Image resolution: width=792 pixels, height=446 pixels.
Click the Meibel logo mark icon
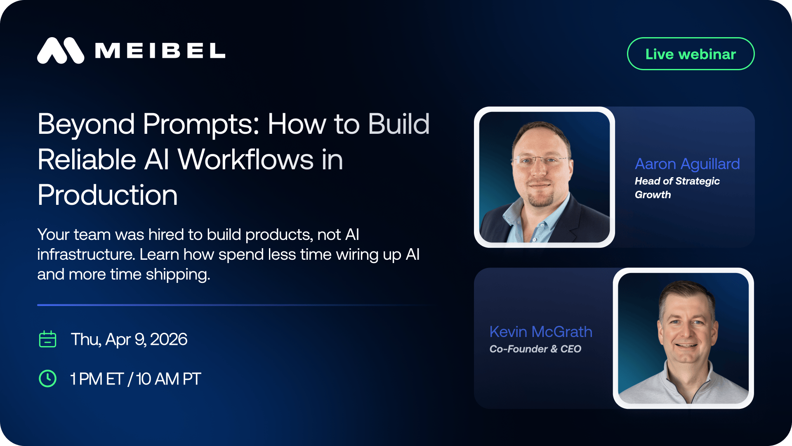pyautogui.click(x=61, y=51)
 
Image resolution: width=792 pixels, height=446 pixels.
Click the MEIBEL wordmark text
pyautogui.click(x=160, y=51)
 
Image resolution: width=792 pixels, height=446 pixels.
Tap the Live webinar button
pyautogui.click(x=691, y=54)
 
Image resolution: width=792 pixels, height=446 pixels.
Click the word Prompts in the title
pyautogui.click(x=201, y=125)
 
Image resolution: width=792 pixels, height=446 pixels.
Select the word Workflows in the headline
pyautogui.click(x=246, y=159)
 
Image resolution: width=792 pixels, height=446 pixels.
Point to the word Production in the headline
pyautogui.click(x=107, y=195)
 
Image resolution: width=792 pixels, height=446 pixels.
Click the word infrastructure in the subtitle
pyautogui.click(x=86, y=254)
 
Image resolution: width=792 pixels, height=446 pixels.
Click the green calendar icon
pyautogui.click(x=47, y=339)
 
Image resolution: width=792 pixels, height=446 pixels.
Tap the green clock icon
pyautogui.click(x=47, y=378)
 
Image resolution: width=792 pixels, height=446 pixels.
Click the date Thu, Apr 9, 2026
pyautogui.click(x=129, y=339)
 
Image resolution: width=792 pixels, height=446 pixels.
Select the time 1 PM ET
pyautogui.click(x=97, y=379)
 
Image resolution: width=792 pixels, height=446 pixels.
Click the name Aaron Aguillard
pyautogui.click(x=687, y=164)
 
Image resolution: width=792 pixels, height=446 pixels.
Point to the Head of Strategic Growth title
pyautogui.click(x=677, y=188)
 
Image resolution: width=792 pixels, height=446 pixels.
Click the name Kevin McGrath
pyautogui.click(x=541, y=332)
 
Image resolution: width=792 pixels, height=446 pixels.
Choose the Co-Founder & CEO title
pyautogui.click(x=535, y=349)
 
